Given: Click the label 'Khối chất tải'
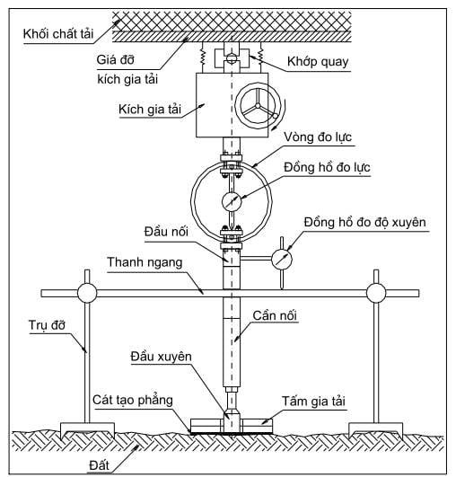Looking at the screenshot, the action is pos(58,33).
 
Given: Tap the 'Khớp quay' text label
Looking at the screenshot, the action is pos(318,61).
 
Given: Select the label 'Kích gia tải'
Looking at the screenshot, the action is pos(150,109).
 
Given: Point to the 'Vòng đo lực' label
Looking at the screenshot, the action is pos(318,137).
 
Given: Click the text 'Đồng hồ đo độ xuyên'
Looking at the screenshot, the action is pos(364,222).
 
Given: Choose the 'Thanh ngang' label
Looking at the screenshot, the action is pos(145,262).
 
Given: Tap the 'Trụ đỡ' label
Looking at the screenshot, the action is pos(47,325).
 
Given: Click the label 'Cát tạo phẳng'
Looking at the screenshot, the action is pos(133,400).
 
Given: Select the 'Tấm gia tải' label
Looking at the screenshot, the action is pos(313,402).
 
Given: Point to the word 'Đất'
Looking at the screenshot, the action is pos(100,465).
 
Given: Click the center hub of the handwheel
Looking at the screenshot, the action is pos(258,106).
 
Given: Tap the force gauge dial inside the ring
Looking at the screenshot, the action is pos(232,201).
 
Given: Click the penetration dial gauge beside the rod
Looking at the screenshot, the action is pos(282,260).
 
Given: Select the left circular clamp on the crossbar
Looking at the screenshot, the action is pos(87,293).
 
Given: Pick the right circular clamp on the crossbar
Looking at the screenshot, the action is pos(376,293).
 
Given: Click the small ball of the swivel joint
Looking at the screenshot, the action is pos(232,57).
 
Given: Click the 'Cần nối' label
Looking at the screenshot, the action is pos(275,316).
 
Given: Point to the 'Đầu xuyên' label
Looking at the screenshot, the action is pos(161,357).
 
